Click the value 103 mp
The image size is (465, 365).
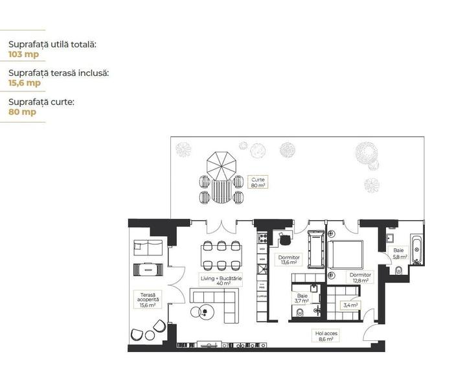23,54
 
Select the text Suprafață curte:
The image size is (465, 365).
41,102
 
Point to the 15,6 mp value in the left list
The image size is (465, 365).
25,83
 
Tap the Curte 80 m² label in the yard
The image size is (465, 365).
258,182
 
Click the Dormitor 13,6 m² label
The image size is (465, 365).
288,259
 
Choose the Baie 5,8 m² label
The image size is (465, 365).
400,253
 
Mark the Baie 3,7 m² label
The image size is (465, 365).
302,298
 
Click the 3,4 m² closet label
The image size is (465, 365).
350,305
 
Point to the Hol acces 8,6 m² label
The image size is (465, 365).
326,336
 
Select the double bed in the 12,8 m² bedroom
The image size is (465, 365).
347,254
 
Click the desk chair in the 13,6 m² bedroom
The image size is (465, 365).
285,240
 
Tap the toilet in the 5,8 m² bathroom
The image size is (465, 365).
399,271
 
